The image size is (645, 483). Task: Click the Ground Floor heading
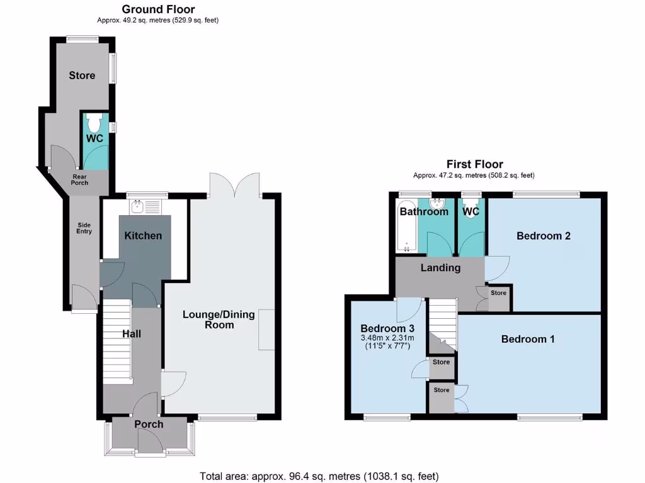click(158, 9)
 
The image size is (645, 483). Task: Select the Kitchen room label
click(143, 236)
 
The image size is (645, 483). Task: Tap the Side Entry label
click(84, 228)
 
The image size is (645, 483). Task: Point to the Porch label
click(149, 425)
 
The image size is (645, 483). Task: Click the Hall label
click(131, 333)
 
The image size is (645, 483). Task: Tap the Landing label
click(441, 268)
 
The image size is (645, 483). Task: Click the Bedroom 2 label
click(544, 236)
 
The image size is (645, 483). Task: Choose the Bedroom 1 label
click(528, 339)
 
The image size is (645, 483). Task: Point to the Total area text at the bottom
click(319, 476)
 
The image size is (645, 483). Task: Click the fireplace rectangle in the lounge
click(266, 330)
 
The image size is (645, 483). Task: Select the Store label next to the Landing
click(498, 293)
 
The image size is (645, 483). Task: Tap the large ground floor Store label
click(82, 75)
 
